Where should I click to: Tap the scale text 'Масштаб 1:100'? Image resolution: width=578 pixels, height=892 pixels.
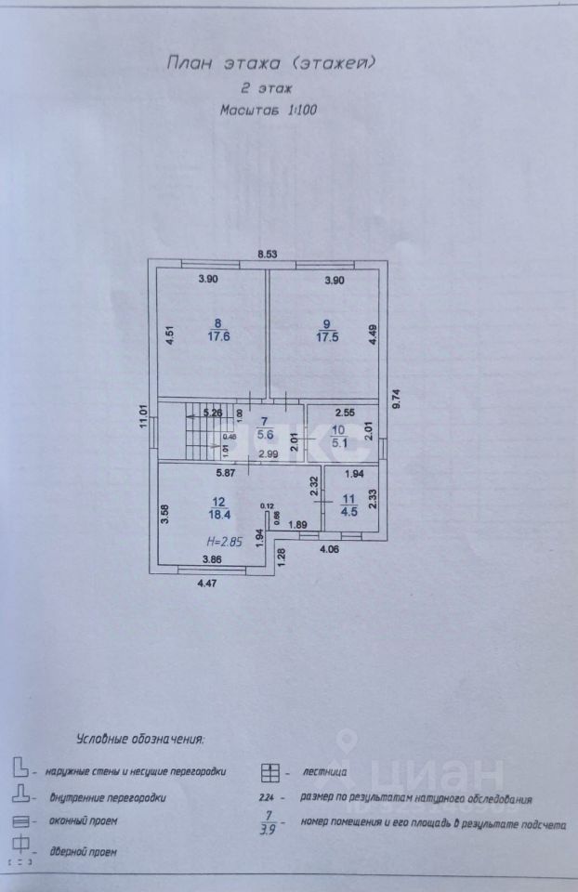(x=268, y=109)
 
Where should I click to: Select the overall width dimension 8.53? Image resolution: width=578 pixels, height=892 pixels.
(x=268, y=254)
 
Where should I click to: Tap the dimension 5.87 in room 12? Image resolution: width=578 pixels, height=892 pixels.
(x=226, y=473)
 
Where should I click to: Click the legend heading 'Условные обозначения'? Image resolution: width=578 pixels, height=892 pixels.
(x=139, y=740)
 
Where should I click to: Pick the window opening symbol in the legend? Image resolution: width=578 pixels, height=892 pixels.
(x=19, y=821)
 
